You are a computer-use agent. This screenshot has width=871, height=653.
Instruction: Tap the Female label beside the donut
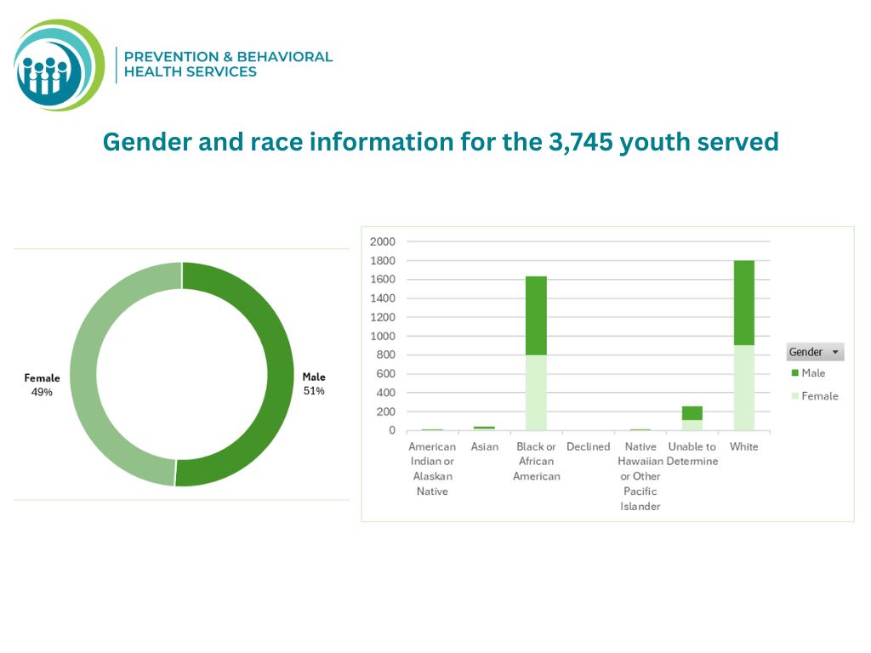click(x=42, y=378)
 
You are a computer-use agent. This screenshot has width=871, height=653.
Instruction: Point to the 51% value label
click(x=314, y=391)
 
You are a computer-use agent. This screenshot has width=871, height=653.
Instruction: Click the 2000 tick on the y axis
click(x=383, y=241)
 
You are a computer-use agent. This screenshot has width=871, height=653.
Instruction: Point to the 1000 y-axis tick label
click(x=383, y=336)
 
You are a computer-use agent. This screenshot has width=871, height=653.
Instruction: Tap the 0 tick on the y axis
click(x=392, y=430)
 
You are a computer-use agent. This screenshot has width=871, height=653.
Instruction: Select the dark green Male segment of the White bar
click(x=743, y=302)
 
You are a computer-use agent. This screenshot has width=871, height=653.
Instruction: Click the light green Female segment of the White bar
click(x=743, y=388)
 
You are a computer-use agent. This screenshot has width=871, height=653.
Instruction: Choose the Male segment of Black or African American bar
click(x=536, y=315)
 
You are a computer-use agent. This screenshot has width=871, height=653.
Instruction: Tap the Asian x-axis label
click(x=485, y=446)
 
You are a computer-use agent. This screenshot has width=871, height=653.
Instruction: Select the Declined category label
click(x=588, y=446)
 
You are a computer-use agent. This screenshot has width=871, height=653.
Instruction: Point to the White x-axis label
click(x=743, y=446)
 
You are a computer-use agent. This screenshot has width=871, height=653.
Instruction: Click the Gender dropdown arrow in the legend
click(x=835, y=352)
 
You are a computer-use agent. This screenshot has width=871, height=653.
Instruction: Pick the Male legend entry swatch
click(x=795, y=373)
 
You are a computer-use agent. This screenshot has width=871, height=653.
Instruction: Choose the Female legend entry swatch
click(x=795, y=396)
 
